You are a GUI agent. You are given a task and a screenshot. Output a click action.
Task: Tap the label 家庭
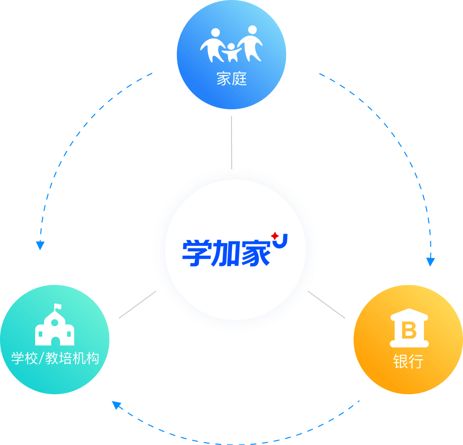(231, 79)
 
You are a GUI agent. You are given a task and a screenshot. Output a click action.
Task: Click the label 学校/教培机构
(55, 359)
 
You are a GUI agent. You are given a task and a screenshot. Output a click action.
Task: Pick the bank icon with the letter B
(409, 330)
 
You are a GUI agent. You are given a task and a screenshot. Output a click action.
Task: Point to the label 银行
(408, 362)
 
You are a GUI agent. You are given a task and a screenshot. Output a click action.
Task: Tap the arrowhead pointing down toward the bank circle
(430, 262)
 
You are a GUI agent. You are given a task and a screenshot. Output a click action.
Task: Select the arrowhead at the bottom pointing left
(116, 405)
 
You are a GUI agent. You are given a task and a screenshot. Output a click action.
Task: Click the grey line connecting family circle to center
(231, 142)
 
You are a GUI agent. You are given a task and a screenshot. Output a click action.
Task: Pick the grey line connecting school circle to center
(138, 305)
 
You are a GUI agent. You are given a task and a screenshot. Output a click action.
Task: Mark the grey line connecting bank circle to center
(328, 306)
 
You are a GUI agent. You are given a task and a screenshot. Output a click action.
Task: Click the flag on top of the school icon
(58, 307)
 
